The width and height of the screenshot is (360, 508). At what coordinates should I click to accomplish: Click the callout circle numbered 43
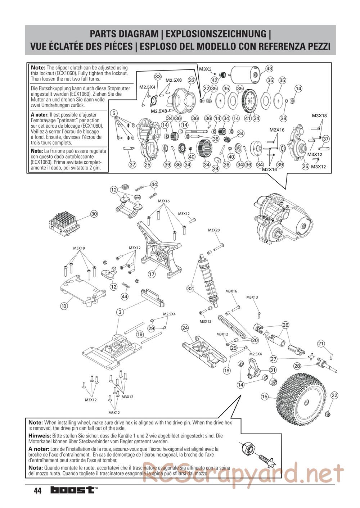point(269,68)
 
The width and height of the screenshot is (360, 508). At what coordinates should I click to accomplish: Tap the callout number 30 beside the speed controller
point(94,214)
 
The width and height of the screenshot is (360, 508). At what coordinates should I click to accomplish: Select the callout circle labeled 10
point(64,306)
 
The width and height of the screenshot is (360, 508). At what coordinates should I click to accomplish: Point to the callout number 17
point(152,274)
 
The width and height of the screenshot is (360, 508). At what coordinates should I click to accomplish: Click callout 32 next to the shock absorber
point(190,288)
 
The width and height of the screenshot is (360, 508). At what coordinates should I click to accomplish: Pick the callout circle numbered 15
point(265,396)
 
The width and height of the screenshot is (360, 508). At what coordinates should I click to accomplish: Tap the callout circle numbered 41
point(248,118)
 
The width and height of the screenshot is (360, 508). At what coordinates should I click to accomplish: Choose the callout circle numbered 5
point(114,113)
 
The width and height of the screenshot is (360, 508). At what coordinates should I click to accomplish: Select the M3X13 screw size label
point(252,297)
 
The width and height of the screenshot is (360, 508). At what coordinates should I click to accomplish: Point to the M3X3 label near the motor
point(206,69)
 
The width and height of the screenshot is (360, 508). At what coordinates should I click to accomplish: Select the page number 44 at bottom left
point(37,491)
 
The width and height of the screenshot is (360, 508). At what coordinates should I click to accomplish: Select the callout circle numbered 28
point(297,366)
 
